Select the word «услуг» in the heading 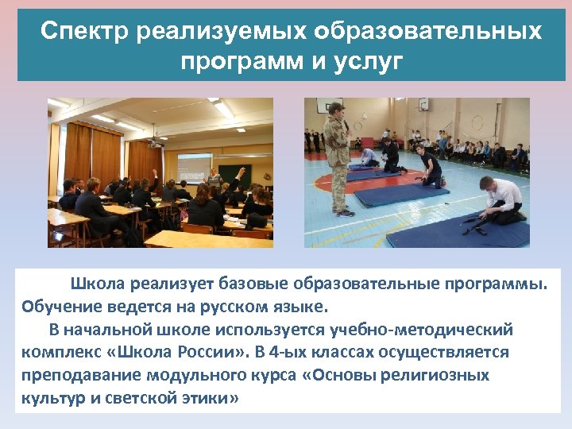tap(371, 60)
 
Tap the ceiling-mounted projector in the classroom tap(155, 142)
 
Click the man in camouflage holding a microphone tap(338, 155)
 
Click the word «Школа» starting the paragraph tap(98, 284)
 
